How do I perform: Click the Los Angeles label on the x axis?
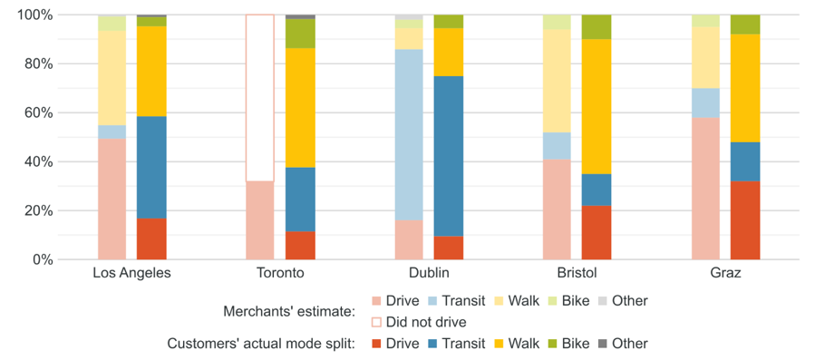coord(131,273)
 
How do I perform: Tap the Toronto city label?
coord(280,273)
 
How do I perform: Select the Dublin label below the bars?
coord(429,273)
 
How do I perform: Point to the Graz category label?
coord(726,273)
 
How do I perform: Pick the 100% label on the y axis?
coord(29,15)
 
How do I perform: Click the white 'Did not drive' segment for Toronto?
coord(260,98)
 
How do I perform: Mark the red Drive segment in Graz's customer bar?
coord(745,220)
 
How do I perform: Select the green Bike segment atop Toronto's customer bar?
coord(300,34)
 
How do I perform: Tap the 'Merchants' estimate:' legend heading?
coord(288,311)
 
